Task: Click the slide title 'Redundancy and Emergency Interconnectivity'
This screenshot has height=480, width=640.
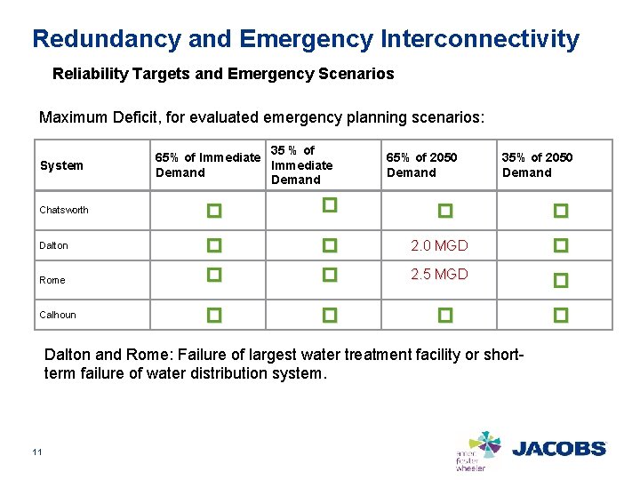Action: tap(305, 39)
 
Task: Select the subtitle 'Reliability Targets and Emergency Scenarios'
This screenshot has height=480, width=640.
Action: tap(223, 75)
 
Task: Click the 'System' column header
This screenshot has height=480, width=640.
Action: tap(61, 165)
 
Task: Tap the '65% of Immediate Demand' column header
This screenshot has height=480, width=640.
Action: tap(207, 165)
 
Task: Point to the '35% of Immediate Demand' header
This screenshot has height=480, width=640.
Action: tap(301, 165)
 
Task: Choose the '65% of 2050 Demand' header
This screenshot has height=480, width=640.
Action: tap(421, 165)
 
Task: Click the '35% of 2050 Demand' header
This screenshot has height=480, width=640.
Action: tap(537, 165)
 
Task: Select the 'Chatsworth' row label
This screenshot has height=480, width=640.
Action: tap(64, 211)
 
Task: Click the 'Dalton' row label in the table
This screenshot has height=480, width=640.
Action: tap(53, 245)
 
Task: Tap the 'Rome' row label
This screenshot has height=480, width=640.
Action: tap(52, 280)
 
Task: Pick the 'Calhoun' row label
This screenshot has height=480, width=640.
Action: tap(58, 315)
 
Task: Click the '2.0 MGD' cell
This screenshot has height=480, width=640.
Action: tap(439, 245)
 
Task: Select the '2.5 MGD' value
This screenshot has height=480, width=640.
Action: tap(439, 275)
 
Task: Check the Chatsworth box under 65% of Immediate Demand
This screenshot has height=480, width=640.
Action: tap(213, 212)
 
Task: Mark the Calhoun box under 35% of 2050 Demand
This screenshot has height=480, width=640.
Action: tap(560, 315)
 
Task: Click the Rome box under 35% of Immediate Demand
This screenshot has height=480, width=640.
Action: tap(329, 276)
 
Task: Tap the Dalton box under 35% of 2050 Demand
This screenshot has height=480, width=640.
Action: tap(560, 245)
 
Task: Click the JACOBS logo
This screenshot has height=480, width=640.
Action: tap(558, 449)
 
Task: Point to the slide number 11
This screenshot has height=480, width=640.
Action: tap(36, 453)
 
